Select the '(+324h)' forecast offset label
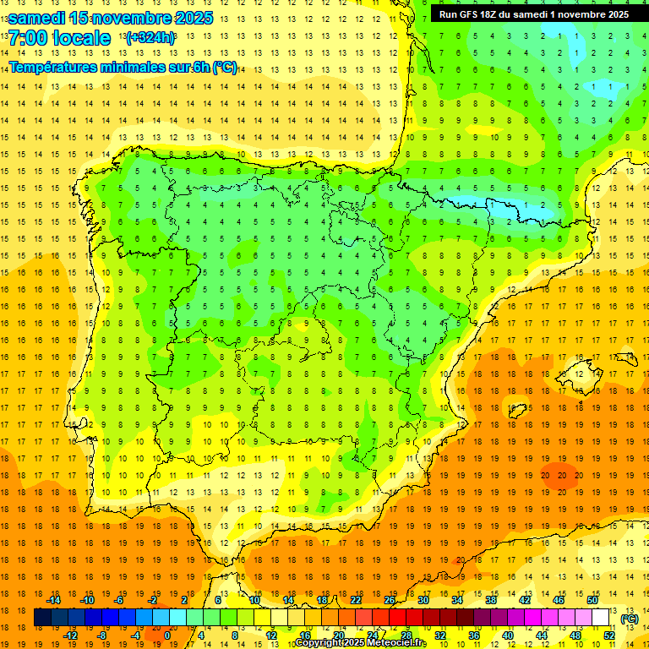pyautogui.click(x=150, y=38)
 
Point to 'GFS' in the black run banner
pyautogui.click(x=473, y=14)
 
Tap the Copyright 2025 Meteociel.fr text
pyautogui.click(x=361, y=643)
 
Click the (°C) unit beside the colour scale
pyautogui.click(x=630, y=619)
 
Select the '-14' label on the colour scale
pyautogui.click(x=54, y=600)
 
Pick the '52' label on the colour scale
pyautogui.click(x=609, y=635)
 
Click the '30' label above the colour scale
pyautogui.click(x=423, y=600)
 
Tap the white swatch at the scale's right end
pyautogui.click(x=601, y=618)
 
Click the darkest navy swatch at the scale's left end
pyautogui.click(x=42, y=618)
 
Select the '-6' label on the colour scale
pyautogui.click(x=118, y=600)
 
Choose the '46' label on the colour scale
pyautogui.click(x=559, y=600)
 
